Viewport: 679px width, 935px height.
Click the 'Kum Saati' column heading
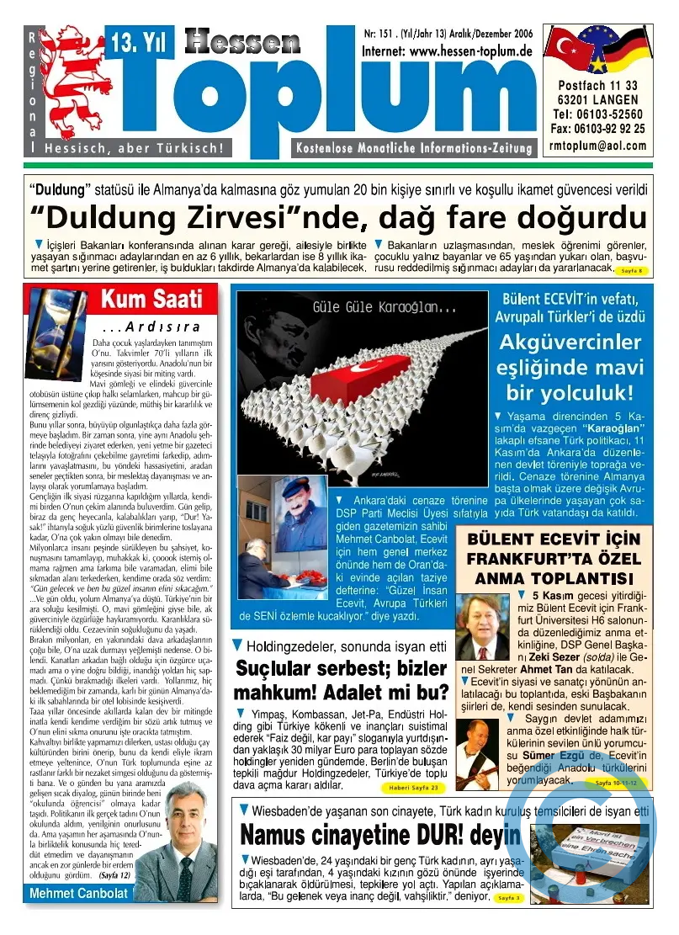(151, 298)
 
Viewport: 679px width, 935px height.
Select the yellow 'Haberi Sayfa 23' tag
(413, 788)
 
